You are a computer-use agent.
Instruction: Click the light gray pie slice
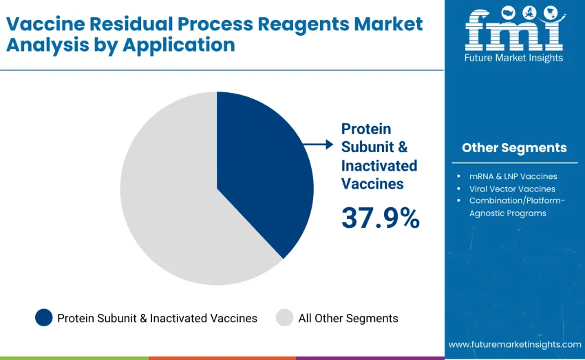pyautogui.click(x=172, y=207)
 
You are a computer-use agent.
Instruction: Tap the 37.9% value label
pyautogui.click(x=380, y=218)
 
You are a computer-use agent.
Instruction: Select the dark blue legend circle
pyautogui.click(x=43, y=318)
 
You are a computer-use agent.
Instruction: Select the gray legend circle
pyautogui.click(x=284, y=318)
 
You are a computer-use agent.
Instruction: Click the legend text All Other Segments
pyautogui.click(x=348, y=318)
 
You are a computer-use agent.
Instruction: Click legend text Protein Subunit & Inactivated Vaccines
pyautogui.click(x=157, y=318)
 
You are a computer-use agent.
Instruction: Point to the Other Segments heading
pyautogui.click(x=514, y=147)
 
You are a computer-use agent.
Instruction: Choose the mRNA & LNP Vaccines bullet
pyautogui.click(x=513, y=176)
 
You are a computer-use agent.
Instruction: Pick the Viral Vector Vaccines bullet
pyautogui.click(x=512, y=189)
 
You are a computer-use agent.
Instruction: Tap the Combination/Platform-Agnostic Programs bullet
pyautogui.click(x=516, y=207)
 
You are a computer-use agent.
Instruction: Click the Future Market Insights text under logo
pyautogui.click(x=513, y=59)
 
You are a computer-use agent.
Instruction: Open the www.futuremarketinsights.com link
pyautogui.click(x=514, y=343)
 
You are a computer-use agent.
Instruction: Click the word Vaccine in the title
pyautogui.click(x=46, y=23)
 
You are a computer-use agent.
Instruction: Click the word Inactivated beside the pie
pyautogui.click(x=379, y=165)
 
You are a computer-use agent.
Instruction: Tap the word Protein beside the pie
pyautogui.click(x=366, y=129)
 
